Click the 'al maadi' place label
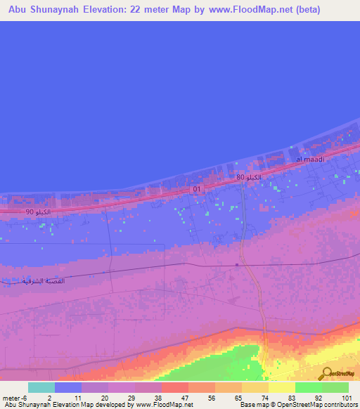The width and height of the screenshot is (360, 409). (309, 160)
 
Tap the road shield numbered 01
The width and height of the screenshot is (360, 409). (197, 190)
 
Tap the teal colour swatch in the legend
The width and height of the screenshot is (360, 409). (41, 387)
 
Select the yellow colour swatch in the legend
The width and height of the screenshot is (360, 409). (282, 387)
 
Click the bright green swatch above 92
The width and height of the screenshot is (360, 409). (309, 387)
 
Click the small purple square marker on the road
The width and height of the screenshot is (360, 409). (238, 265)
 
